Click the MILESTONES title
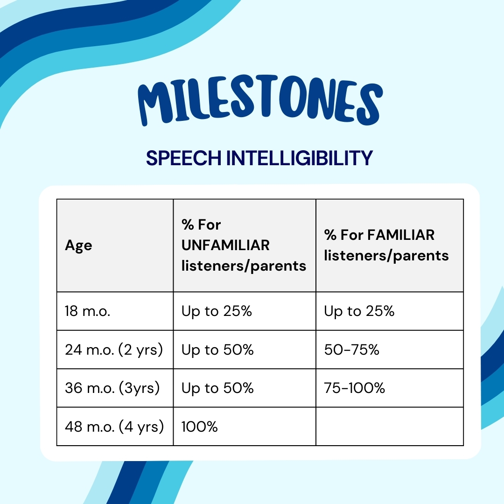point(259,104)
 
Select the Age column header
point(78,245)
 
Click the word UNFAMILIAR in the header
point(225,245)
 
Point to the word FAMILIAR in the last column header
point(401,235)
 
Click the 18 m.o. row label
point(88,311)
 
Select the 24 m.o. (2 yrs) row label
point(114,350)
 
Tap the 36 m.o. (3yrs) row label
point(112,388)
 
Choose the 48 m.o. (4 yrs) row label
point(114,426)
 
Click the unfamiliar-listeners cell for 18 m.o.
point(217,311)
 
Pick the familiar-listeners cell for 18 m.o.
point(359,311)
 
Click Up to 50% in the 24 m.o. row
point(217,350)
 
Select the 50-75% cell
point(351,350)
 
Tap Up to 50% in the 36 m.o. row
point(217,388)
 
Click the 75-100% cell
point(355,388)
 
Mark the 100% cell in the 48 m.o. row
point(199,426)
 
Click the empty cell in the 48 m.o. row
point(389,426)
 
